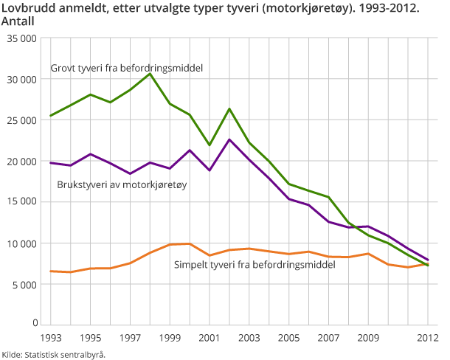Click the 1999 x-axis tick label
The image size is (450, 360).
(x=170, y=339)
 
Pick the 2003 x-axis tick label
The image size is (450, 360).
(x=249, y=339)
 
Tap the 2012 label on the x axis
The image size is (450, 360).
(x=428, y=339)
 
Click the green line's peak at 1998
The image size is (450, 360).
(x=150, y=73)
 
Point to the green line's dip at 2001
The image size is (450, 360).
(x=209, y=145)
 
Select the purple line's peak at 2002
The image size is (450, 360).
(x=229, y=139)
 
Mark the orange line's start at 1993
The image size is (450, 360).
(x=50, y=271)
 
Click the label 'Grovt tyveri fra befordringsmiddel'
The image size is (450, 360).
(x=126, y=69)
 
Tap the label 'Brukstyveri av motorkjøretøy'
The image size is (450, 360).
(x=122, y=184)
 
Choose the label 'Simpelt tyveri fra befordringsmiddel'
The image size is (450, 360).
(x=255, y=263)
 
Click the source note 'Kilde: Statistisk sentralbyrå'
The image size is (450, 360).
(x=53, y=354)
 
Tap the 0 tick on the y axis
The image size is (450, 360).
(x=35, y=324)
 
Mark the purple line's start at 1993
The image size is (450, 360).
(x=50, y=162)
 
